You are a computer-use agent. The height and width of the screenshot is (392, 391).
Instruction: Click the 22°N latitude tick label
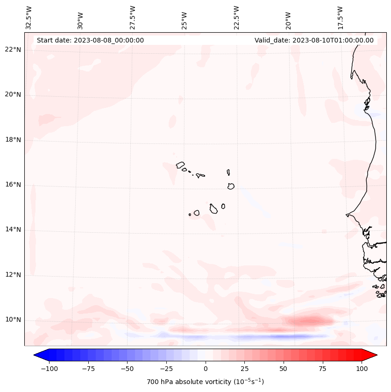pyautogui.click(x=13, y=50)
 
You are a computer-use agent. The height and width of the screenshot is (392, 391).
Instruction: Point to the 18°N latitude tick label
pyautogui.click(x=13, y=140)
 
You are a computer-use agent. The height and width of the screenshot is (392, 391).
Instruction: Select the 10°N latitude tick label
pyautogui.click(x=13, y=320)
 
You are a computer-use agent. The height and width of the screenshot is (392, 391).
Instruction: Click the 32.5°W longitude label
pyautogui.click(x=29, y=17)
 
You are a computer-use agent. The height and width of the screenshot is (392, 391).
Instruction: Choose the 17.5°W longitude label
pyautogui.click(x=341, y=17)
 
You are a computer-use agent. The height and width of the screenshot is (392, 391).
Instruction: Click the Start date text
pyautogui.click(x=90, y=40)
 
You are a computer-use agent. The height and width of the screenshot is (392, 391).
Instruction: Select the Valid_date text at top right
pyautogui.click(x=314, y=40)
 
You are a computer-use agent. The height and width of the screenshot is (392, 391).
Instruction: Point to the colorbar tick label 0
pyautogui.click(x=205, y=368)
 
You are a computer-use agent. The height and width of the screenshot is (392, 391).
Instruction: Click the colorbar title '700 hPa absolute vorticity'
pyautogui.click(x=205, y=382)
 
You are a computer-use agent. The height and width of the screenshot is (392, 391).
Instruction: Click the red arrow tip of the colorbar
pyautogui.click(x=371, y=355)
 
